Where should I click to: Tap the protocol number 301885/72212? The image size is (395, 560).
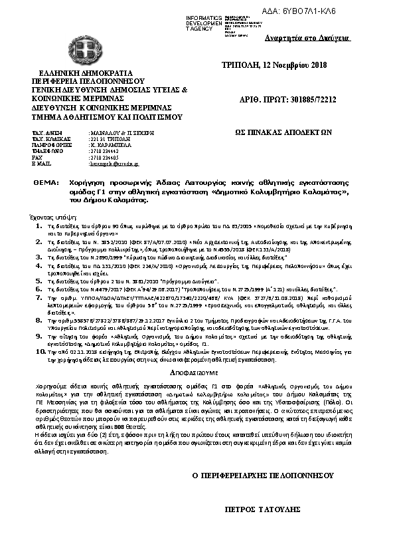pos(305,100)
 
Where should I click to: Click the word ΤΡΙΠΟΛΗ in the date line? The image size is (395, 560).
pos(240,65)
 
